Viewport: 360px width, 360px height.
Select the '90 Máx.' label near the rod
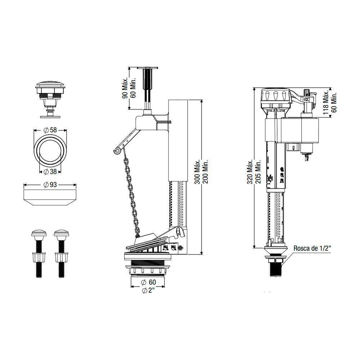click(124, 87)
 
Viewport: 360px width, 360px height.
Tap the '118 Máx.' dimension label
click(326, 102)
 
